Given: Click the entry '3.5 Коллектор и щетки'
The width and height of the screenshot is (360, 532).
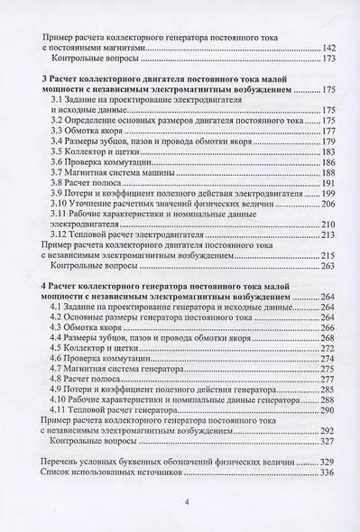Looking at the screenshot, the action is pyautogui.click(x=92, y=152).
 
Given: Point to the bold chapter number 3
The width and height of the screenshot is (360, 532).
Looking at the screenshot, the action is pyautogui.click(x=45, y=78).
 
